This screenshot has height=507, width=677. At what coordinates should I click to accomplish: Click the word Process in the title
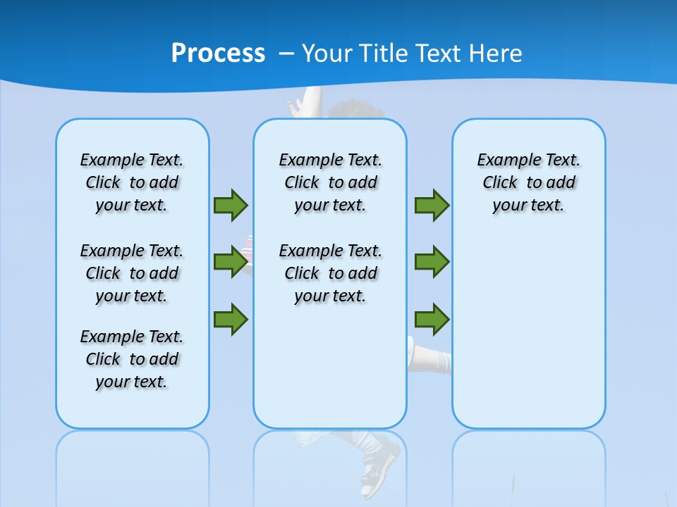218,54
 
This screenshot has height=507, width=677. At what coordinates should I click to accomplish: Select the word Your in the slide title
327,54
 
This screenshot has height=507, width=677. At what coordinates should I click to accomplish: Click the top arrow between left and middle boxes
231,205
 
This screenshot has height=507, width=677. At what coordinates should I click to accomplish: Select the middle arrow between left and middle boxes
231,262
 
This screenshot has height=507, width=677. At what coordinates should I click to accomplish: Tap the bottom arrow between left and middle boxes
231,319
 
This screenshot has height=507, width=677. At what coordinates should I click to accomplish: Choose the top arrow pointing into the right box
432,205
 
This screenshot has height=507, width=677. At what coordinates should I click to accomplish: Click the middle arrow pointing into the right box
432,262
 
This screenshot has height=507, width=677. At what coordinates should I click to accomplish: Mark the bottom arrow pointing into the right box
432,319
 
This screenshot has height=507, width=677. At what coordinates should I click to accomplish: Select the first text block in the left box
132,182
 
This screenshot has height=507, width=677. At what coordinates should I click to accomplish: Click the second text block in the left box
132,273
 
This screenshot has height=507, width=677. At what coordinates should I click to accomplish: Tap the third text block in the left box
132,359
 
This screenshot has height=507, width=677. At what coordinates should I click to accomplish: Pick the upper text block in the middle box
330,182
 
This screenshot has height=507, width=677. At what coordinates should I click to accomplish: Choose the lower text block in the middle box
330,273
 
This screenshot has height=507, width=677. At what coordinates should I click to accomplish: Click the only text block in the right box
528,182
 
